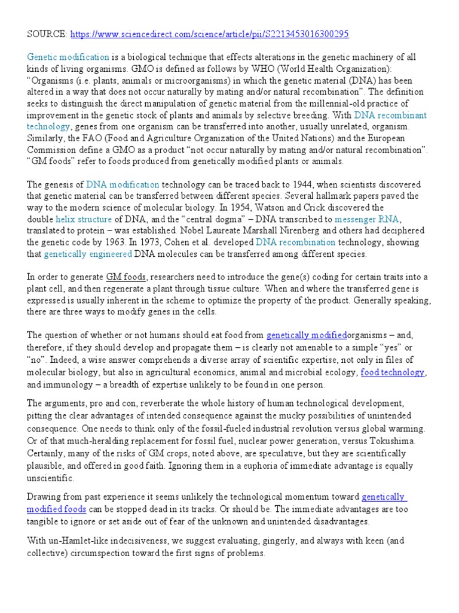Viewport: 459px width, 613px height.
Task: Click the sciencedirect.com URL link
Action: pyautogui.click(x=209, y=35)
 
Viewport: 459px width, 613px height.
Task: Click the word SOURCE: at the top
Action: pyautogui.click(x=45, y=35)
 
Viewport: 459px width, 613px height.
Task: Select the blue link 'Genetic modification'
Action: pyautogui.click(x=68, y=57)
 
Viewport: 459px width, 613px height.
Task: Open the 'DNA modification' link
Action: pyautogui.click(x=123, y=184)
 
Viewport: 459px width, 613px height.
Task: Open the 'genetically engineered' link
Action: pyautogui.click(x=88, y=254)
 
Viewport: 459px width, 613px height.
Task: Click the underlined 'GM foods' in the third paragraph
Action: pyautogui.click(x=125, y=277)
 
